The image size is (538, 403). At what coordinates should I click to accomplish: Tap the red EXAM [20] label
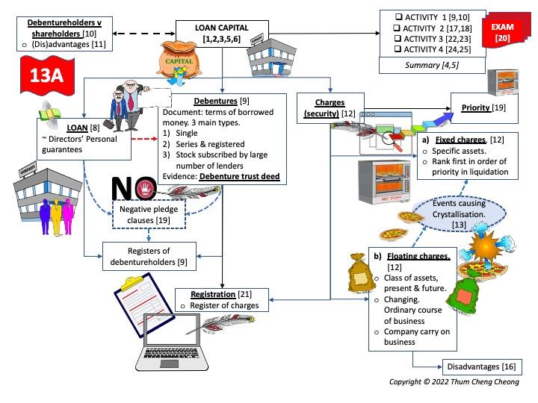502,31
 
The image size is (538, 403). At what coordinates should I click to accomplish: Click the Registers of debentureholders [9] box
149,257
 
